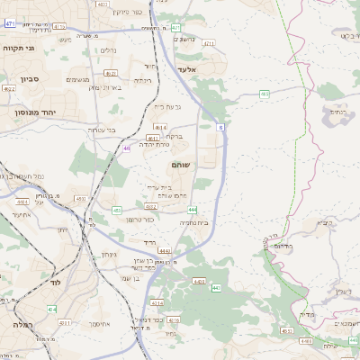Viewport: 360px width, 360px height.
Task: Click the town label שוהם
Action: tap(179, 166)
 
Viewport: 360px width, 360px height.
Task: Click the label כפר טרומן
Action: tap(141, 219)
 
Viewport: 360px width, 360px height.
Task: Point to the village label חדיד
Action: tap(148, 243)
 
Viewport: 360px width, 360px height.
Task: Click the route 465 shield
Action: tap(265, 94)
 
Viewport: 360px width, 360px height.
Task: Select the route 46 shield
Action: tap(127, 148)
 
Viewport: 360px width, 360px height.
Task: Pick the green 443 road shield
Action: tap(216, 288)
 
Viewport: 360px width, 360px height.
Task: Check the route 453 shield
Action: tap(117, 210)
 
